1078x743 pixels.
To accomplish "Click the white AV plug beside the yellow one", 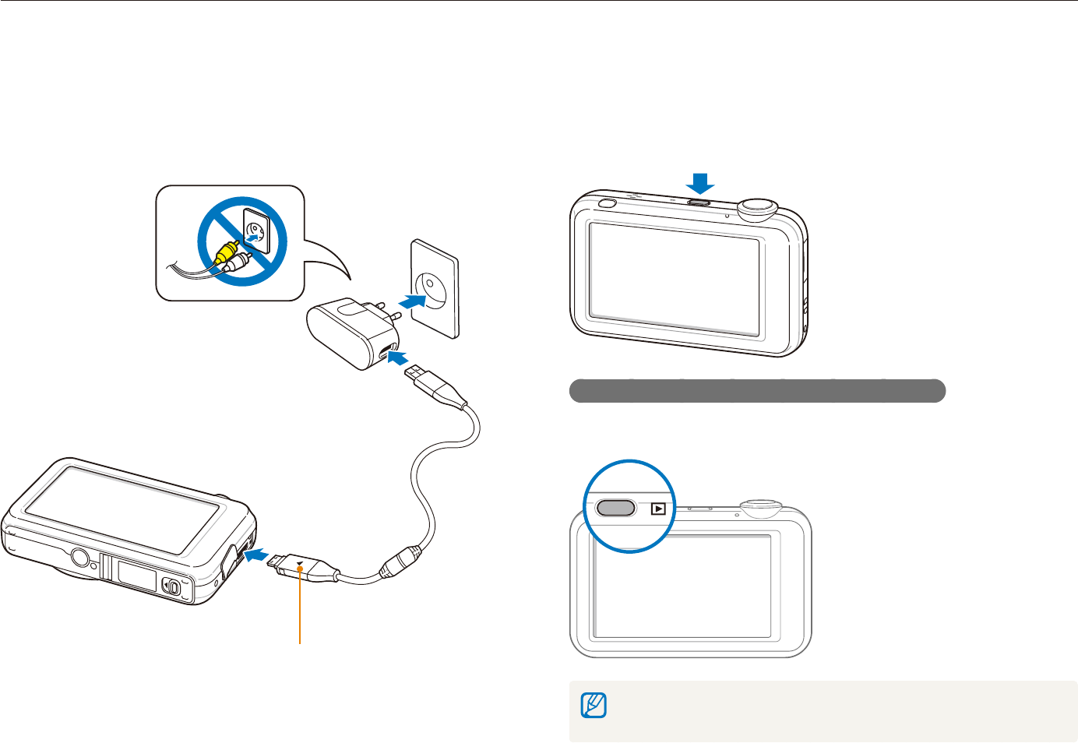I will click(x=238, y=262).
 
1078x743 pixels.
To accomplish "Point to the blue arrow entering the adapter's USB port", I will click(x=398, y=357).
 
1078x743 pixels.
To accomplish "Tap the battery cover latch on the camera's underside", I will click(x=171, y=586).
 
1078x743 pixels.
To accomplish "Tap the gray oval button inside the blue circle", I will click(x=615, y=508).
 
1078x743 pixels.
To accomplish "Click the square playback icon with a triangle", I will click(x=659, y=509).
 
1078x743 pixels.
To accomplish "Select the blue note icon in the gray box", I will click(x=594, y=706).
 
